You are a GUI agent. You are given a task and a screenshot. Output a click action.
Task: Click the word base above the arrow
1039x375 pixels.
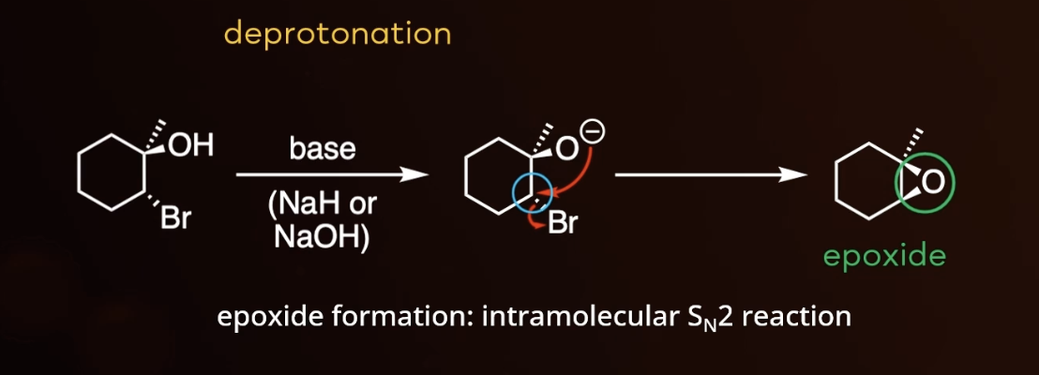[322, 149]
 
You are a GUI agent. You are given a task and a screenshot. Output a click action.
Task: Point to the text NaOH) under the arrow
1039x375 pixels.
[322, 236]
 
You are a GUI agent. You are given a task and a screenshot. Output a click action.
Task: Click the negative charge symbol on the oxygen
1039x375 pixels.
[595, 134]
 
